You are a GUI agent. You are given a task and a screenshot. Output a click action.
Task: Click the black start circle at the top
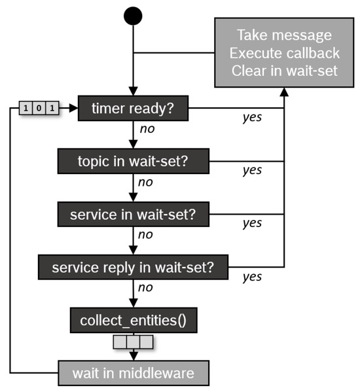coord(133,15)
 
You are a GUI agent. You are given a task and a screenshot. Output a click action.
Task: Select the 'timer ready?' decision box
coord(133,109)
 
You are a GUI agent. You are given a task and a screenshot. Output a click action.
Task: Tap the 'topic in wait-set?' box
coord(133,161)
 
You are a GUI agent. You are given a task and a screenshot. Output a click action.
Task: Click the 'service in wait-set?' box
coord(133,214)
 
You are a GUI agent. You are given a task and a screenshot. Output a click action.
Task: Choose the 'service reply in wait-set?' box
coord(133,267)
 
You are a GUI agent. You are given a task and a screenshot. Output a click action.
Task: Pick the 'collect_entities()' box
coord(133,321)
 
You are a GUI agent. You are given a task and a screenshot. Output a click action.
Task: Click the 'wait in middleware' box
coord(133,373)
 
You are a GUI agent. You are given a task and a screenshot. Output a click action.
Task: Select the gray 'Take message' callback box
coord(283,52)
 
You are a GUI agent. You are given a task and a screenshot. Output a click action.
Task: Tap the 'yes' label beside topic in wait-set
coord(252,170)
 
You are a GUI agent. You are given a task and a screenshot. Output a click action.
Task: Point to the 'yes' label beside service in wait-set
coord(252,223)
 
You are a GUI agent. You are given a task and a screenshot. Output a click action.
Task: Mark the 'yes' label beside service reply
coord(252,277)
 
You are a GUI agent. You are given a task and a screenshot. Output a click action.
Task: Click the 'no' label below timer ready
coord(147,129)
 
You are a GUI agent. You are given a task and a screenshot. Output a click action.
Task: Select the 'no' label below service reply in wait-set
coord(147,287)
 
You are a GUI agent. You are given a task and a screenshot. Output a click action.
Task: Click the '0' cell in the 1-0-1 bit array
coord(38,107)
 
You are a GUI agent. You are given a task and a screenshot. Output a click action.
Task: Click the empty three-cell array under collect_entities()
coord(133,342)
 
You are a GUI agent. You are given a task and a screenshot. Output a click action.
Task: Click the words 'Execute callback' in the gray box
coord(283,52)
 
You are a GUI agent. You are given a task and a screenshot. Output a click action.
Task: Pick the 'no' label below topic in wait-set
coord(147,181)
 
